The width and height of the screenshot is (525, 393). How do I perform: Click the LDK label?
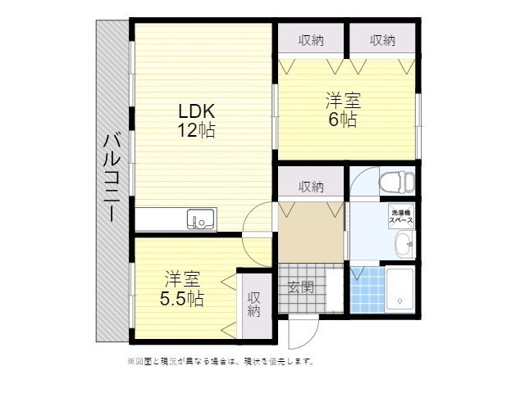(x=197, y=111)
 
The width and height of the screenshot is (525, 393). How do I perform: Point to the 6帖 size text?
(x=343, y=120)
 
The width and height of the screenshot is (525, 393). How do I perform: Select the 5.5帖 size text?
(x=182, y=298)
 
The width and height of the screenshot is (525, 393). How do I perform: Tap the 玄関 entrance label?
(x=301, y=287)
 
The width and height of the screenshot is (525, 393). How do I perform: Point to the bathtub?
(x=400, y=290)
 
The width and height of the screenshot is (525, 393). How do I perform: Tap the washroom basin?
(x=401, y=244)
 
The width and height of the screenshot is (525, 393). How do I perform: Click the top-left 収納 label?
(x=310, y=39)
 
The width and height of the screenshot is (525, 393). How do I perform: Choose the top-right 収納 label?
(x=382, y=39)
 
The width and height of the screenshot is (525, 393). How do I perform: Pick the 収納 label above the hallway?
(x=310, y=187)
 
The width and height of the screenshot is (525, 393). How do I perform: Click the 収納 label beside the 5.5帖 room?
(x=254, y=304)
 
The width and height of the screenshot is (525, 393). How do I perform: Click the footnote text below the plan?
(x=220, y=361)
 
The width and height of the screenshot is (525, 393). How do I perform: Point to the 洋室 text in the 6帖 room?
(x=343, y=101)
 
